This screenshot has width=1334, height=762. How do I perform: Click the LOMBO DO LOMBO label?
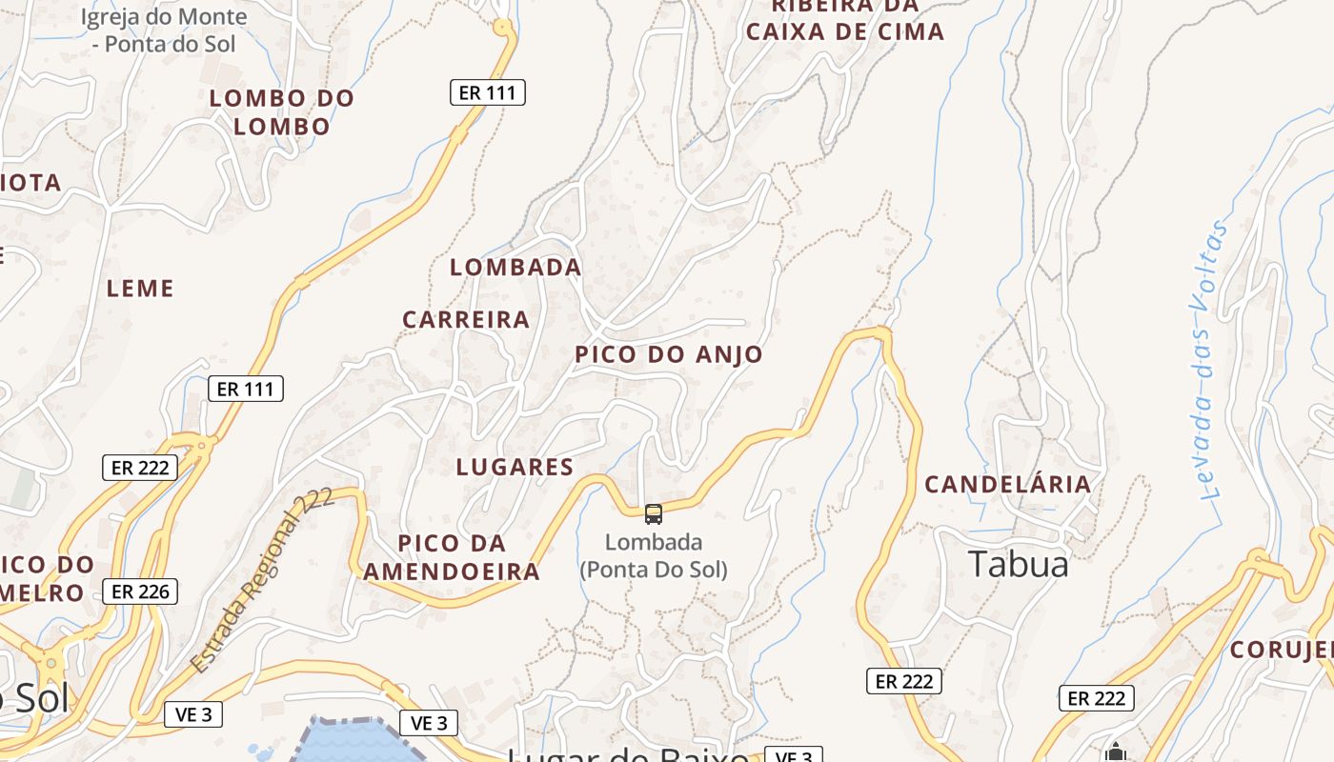click(x=282, y=112)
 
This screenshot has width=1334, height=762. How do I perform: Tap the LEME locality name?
click(x=141, y=289)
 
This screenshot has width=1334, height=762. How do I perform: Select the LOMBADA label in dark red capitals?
click(x=515, y=268)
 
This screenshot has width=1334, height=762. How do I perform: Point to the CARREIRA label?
click(x=466, y=320)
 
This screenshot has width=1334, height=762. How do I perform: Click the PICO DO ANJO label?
click(x=669, y=355)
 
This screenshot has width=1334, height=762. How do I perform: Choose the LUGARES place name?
click(x=515, y=468)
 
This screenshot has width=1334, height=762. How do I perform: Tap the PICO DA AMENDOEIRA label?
click(x=452, y=557)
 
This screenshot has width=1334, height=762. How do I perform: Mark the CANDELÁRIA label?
click(x=1008, y=485)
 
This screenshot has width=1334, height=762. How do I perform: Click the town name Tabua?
click(x=1019, y=565)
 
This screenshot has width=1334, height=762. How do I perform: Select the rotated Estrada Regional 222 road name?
click(x=262, y=581)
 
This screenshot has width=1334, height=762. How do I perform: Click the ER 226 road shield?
click(x=140, y=592)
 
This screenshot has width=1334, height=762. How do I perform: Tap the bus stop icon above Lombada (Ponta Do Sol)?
click(x=654, y=514)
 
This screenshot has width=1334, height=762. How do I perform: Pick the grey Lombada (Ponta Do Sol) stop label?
click(x=654, y=556)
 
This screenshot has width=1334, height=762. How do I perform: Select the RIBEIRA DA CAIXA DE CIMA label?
click(x=845, y=19)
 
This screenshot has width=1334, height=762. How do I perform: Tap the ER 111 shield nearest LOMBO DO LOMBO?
click(x=487, y=92)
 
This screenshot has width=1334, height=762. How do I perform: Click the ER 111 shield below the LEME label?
click(x=246, y=389)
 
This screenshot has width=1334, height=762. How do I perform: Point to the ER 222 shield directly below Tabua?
click(x=904, y=681)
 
